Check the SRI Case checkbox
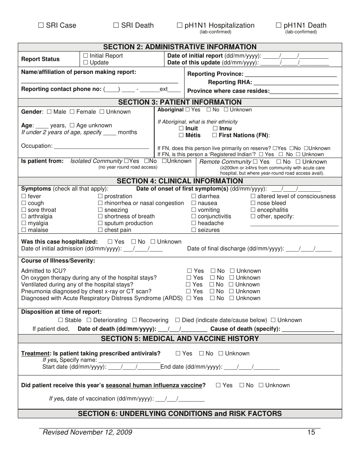(41, 26)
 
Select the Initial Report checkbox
(86, 56)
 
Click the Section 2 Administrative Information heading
(180, 47)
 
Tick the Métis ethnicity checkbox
(181, 135)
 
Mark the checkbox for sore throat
(24, 210)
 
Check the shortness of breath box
(100, 217)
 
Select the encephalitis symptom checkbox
(253, 210)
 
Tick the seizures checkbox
(194, 230)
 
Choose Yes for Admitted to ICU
(189, 271)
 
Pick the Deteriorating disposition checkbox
(89, 321)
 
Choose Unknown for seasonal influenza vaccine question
(261, 386)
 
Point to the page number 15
(311, 433)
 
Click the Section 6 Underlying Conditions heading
(180, 414)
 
